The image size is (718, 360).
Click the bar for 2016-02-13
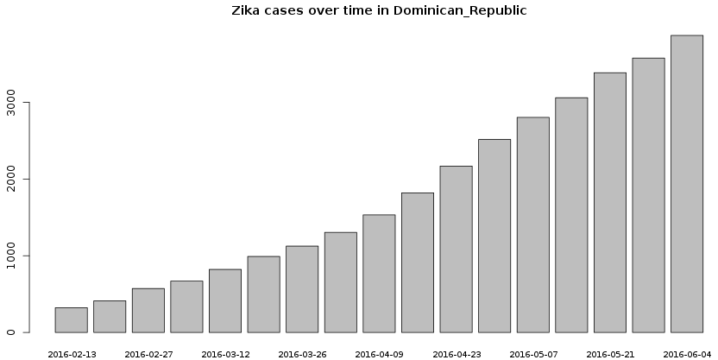pyautogui.click(x=71, y=319)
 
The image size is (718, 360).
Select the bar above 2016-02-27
pyautogui.click(x=148, y=310)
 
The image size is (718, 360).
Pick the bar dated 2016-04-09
pyautogui.click(x=379, y=273)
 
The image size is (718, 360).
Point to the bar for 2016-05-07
pyautogui.click(x=532, y=224)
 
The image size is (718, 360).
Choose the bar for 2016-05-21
pyautogui.click(x=609, y=202)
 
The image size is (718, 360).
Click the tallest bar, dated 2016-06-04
pyautogui.click(x=687, y=184)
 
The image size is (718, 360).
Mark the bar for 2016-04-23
pyautogui.click(x=456, y=249)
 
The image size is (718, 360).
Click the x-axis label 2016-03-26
pyautogui.click(x=302, y=354)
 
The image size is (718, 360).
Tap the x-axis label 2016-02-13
pyautogui.click(x=72, y=354)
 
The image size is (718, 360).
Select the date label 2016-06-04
pyautogui.click(x=687, y=354)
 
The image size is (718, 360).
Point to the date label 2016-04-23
pyautogui.click(x=457, y=354)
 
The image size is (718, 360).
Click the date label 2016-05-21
pyautogui.click(x=610, y=354)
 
